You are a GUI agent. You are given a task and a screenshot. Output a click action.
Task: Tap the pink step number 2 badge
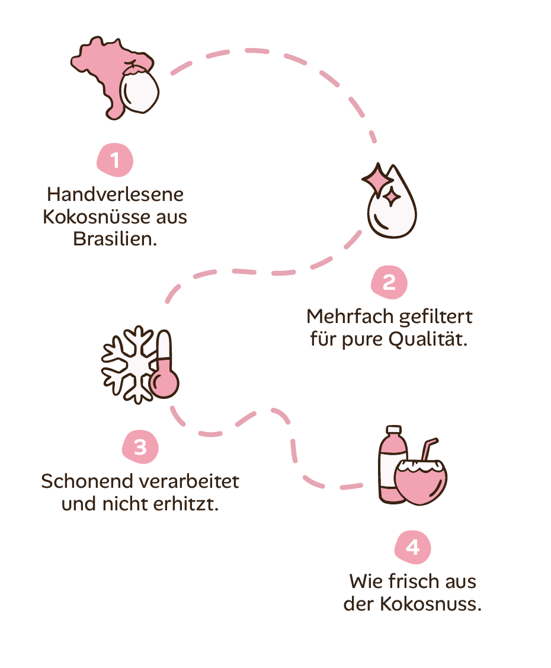pos(389,282)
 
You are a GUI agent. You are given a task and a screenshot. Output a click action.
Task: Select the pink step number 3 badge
pos(140,447)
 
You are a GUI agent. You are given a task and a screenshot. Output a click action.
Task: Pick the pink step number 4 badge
pos(413,547)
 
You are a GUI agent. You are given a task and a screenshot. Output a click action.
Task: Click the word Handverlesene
pos(115,194)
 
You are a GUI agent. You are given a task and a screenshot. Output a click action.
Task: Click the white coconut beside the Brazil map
pos(140,92)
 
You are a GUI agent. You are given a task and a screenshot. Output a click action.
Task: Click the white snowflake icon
pos(129,363)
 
